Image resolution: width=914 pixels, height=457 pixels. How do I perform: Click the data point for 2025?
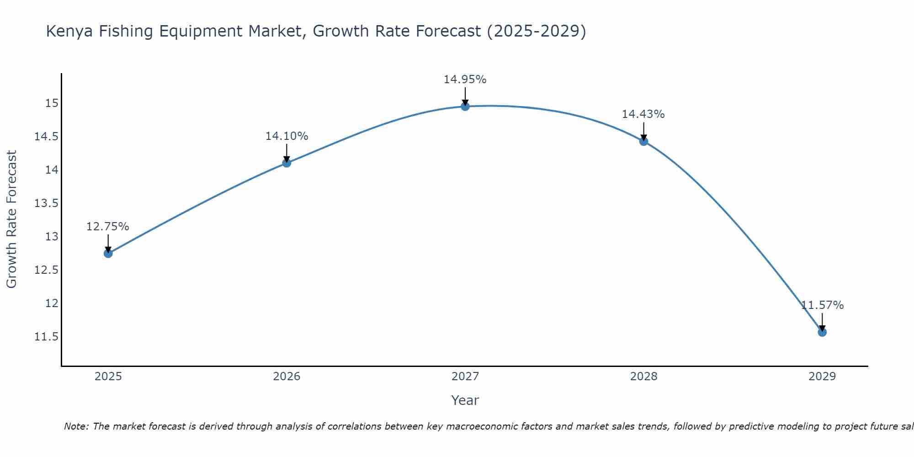point(108,253)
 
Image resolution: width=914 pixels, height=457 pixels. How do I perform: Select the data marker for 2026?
point(287,163)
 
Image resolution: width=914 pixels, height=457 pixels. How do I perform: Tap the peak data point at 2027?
point(465,106)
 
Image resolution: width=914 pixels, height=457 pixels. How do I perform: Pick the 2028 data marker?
point(643,141)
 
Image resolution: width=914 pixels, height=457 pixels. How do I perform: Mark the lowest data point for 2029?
point(822,332)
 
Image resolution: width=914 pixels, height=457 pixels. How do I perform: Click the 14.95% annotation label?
point(465,80)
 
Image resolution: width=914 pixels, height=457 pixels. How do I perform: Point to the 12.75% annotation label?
point(108,227)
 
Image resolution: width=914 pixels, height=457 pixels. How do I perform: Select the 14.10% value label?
point(287,136)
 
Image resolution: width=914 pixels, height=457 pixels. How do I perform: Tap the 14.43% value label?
point(643,114)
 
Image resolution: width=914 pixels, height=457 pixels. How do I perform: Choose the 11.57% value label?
point(822,305)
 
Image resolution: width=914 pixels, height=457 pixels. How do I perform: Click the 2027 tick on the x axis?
point(465,377)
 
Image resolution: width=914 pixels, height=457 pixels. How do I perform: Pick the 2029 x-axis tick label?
point(822,377)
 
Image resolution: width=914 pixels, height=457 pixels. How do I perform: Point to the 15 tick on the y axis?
point(52,103)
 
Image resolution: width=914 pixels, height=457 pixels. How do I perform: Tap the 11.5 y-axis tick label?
point(47,337)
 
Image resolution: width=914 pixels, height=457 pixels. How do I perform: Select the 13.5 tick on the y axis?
point(47,203)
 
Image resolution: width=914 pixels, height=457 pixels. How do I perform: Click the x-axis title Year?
point(465,400)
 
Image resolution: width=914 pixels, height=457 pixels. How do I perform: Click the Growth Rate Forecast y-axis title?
point(11,219)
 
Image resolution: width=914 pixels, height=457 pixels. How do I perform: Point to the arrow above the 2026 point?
point(287,153)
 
